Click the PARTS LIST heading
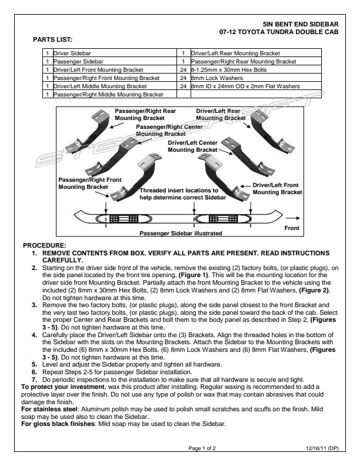coord(52,39)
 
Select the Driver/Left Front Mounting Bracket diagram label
coord(277,189)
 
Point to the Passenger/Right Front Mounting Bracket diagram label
coord(83,183)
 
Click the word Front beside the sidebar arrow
coord(292,228)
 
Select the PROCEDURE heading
coord(44,244)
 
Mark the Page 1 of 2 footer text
coord(202,448)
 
